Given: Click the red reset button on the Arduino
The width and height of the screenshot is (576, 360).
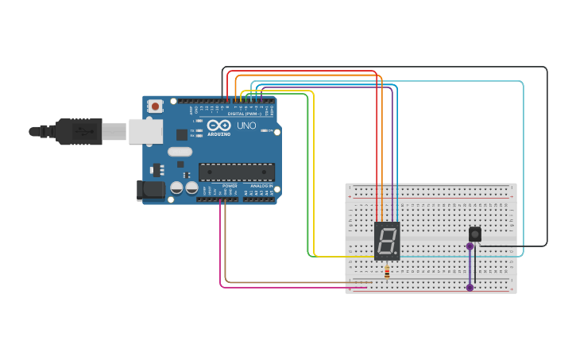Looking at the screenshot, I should pyautogui.click(x=156, y=106).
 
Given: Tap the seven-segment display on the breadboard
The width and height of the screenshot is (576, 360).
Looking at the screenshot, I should pyautogui.click(x=387, y=241).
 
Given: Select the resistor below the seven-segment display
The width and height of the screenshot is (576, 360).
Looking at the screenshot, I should pyautogui.click(x=387, y=273).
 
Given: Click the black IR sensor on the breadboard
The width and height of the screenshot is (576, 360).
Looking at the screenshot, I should pyautogui.click(x=475, y=234).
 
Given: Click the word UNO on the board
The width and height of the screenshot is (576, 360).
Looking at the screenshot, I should pyautogui.click(x=246, y=126).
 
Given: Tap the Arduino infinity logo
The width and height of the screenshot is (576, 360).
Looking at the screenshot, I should pyautogui.click(x=218, y=126).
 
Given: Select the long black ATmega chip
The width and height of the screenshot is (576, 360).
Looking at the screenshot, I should pyautogui.click(x=237, y=172).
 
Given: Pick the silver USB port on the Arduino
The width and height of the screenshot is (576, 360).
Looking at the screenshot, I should pyautogui.click(x=145, y=131).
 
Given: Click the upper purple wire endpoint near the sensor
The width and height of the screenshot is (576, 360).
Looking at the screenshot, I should pyautogui.click(x=470, y=246).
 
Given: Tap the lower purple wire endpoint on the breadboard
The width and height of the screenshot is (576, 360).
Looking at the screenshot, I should pyautogui.click(x=470, y=287).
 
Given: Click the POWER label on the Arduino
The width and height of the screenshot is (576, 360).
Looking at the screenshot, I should pyautogui.click(x=230, y=186).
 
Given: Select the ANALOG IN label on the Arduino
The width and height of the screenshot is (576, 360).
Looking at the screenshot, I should pyautogui.click(x=260, y=186).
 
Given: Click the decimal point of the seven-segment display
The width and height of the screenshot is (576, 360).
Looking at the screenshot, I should pyautogui.click(x=396, y=254).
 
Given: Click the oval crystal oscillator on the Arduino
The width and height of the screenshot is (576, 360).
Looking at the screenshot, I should pyautogui.click(x=180, y=152).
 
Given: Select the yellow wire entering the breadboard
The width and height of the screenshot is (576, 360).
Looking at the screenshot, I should pyautogui.click(x=350, y=257).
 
